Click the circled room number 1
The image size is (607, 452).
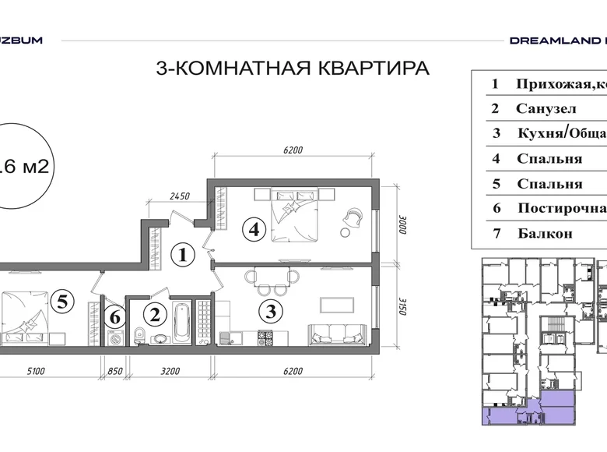(x=181, y=254)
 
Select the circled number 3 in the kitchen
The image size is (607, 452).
(x=269, y=313)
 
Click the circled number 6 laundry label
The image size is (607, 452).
(x=115, y=317)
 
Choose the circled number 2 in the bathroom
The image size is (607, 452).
(x=155, y=315)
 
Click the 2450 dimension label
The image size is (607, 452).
(x=180, y=197)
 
